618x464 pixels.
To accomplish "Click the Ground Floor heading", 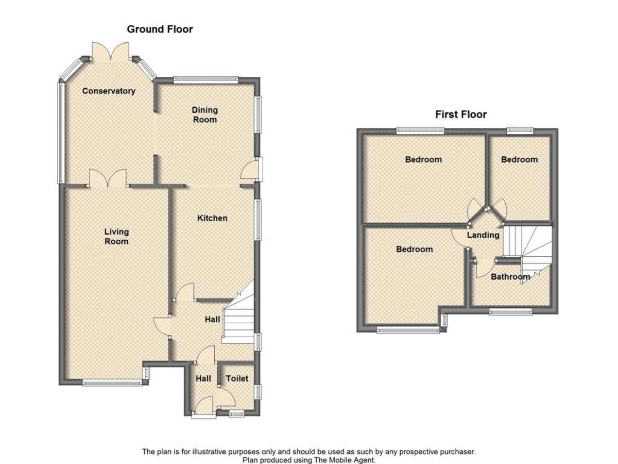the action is tap(160, 29).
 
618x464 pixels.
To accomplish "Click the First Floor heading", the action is tap(461, 114).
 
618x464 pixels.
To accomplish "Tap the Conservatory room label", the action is tap(109, 91).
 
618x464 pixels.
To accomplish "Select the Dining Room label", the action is tap(204, 114).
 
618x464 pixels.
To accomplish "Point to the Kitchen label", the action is tap(212, 218).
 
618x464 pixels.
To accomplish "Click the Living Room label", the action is tap(116, 236).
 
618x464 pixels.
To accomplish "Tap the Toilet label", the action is tap(237, 378).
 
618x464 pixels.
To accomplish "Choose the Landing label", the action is tap(483, 235).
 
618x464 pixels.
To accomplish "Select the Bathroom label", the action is tap(510, 277).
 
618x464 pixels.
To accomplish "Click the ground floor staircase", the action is tap(238, 316).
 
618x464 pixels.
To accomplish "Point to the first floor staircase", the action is tap(527, 254).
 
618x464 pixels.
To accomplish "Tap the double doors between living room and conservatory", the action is tap(108, 178).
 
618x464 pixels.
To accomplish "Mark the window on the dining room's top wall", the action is tap(206, 80).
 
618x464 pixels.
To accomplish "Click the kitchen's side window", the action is tap(258, 220).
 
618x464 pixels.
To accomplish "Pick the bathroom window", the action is tap(511, 311).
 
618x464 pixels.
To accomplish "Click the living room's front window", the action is tap(112, 383).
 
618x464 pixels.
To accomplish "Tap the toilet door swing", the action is tap(227, 397).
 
